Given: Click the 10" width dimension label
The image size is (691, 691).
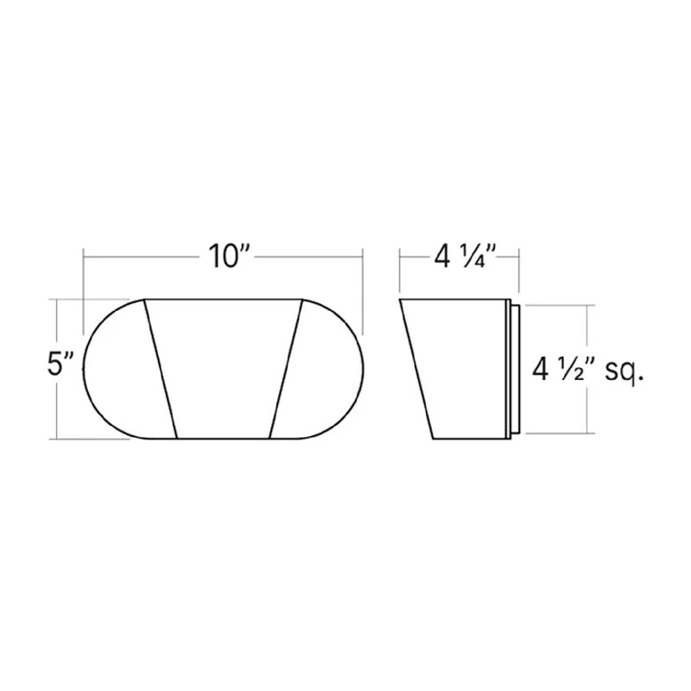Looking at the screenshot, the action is pos(230,256).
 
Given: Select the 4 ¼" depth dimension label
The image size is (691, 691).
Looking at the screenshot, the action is pos(466,256).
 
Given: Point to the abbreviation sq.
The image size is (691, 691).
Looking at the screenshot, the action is pos(624,372).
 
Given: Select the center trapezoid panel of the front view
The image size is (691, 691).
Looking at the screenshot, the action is pos(224,370).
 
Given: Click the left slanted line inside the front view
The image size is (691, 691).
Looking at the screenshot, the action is pos(161,370).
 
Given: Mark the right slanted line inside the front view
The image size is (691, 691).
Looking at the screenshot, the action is pos(286,370).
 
